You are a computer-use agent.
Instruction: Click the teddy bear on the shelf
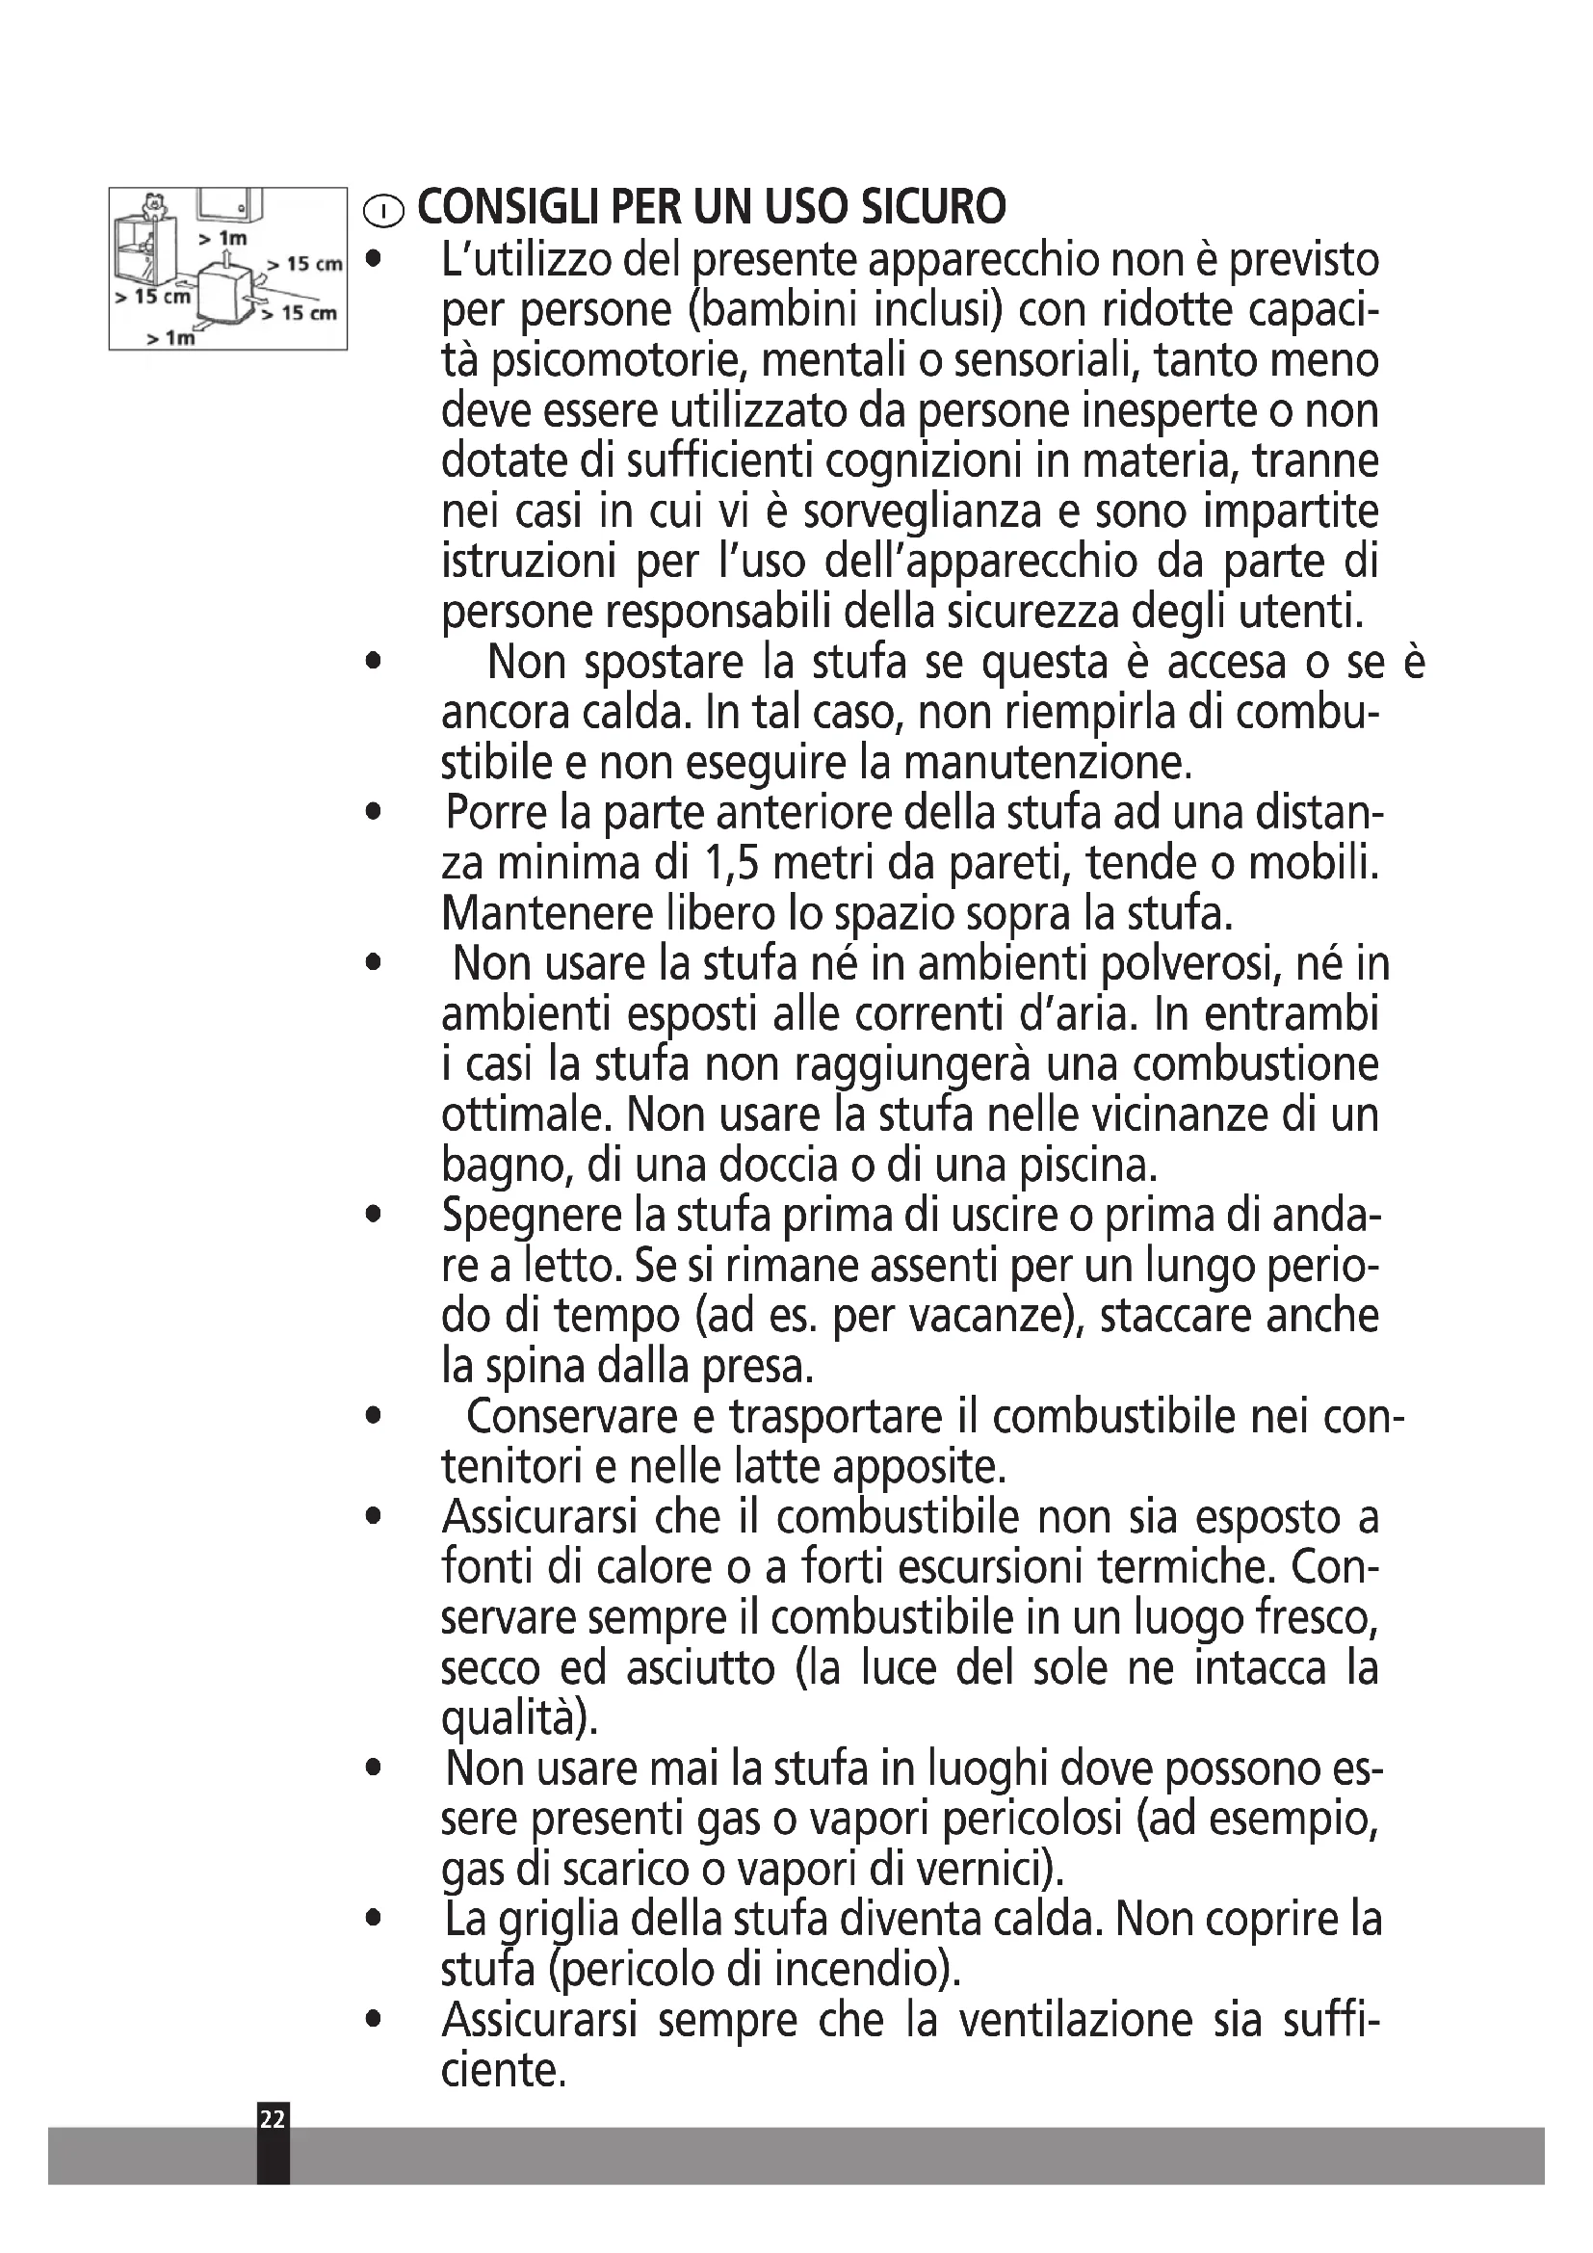152,205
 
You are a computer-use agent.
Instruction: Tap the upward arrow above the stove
226,257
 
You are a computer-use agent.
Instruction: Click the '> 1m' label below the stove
171,337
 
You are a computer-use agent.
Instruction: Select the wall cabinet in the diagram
231,204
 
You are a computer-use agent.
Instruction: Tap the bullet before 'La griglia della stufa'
371,1919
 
